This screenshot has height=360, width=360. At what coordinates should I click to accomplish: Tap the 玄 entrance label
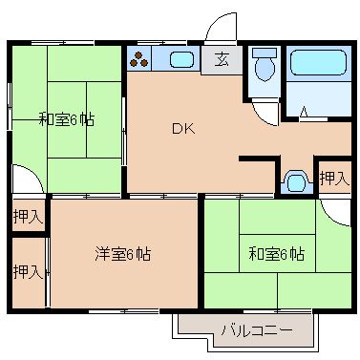click(222, 60)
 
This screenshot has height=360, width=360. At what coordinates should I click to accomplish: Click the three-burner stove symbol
click(140, 61)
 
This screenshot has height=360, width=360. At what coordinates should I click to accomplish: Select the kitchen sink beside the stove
click(180, 61)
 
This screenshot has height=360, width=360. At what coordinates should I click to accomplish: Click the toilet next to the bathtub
click(264, 67)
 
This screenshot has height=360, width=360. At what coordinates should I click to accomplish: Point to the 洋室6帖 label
click(122, 254)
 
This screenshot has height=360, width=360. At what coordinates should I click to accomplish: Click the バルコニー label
click(251, 331)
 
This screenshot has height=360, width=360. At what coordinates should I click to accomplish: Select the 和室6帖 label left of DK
click(66, 119)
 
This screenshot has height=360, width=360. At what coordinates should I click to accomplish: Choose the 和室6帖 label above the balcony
click(277, 254)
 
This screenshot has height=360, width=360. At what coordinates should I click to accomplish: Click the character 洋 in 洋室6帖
click(101, 254)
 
